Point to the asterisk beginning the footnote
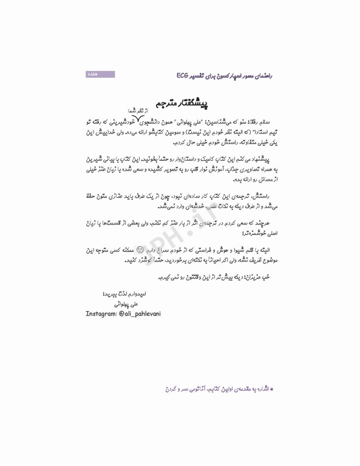272,386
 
